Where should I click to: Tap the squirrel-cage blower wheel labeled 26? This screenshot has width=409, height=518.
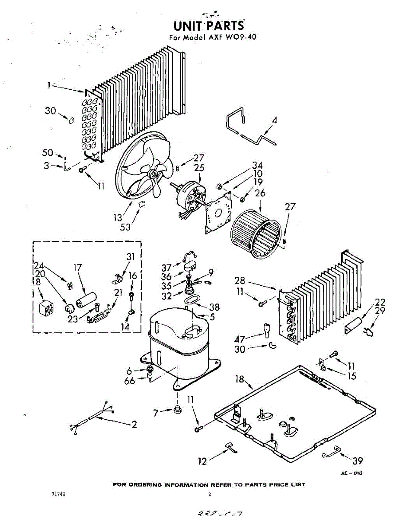(x=256, y=234)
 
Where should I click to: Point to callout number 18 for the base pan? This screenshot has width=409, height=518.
(x=240, y=379)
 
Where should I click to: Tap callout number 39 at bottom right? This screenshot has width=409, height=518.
(x=358, y=460)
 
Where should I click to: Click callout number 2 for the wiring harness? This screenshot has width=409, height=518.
(x=134, y=424)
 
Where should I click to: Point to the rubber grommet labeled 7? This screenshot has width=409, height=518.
(x=176, y=409)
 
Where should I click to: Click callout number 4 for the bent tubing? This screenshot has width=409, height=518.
(x=275, y=120)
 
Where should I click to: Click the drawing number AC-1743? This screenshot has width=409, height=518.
(x=351, y=474)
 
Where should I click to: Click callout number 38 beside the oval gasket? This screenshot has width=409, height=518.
(x=214, y=307)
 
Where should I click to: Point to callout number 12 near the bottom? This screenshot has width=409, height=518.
(x=202, y=461)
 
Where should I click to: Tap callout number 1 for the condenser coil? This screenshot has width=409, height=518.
(x=50, y=85)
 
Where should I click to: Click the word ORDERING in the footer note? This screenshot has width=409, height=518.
(x=150, y=484)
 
